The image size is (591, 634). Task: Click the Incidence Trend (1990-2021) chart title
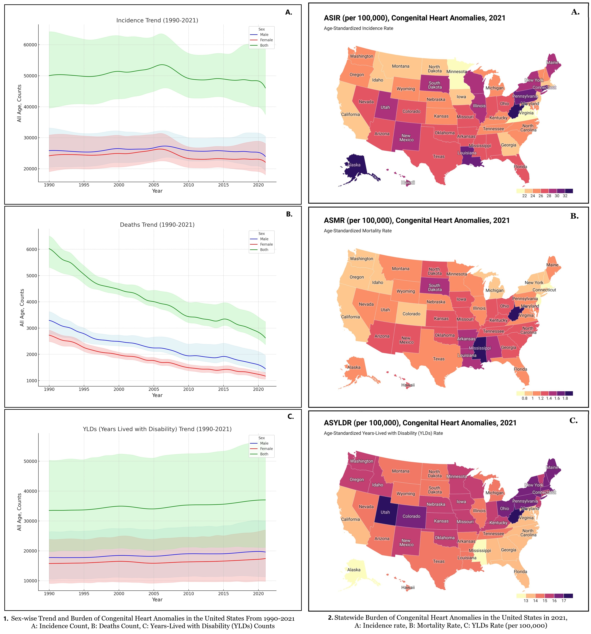(157, 20)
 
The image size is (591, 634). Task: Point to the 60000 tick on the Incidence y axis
(30, 45)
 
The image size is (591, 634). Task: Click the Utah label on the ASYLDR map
(385, 512)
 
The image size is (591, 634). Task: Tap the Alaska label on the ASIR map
(354, 165)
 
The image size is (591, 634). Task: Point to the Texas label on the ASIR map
(439, 157)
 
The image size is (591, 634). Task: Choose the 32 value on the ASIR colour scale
(565, 196)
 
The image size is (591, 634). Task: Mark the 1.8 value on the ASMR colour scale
(565, 398)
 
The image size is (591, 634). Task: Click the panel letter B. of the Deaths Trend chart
(289, 214)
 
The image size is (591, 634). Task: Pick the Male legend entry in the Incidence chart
(264, 35)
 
